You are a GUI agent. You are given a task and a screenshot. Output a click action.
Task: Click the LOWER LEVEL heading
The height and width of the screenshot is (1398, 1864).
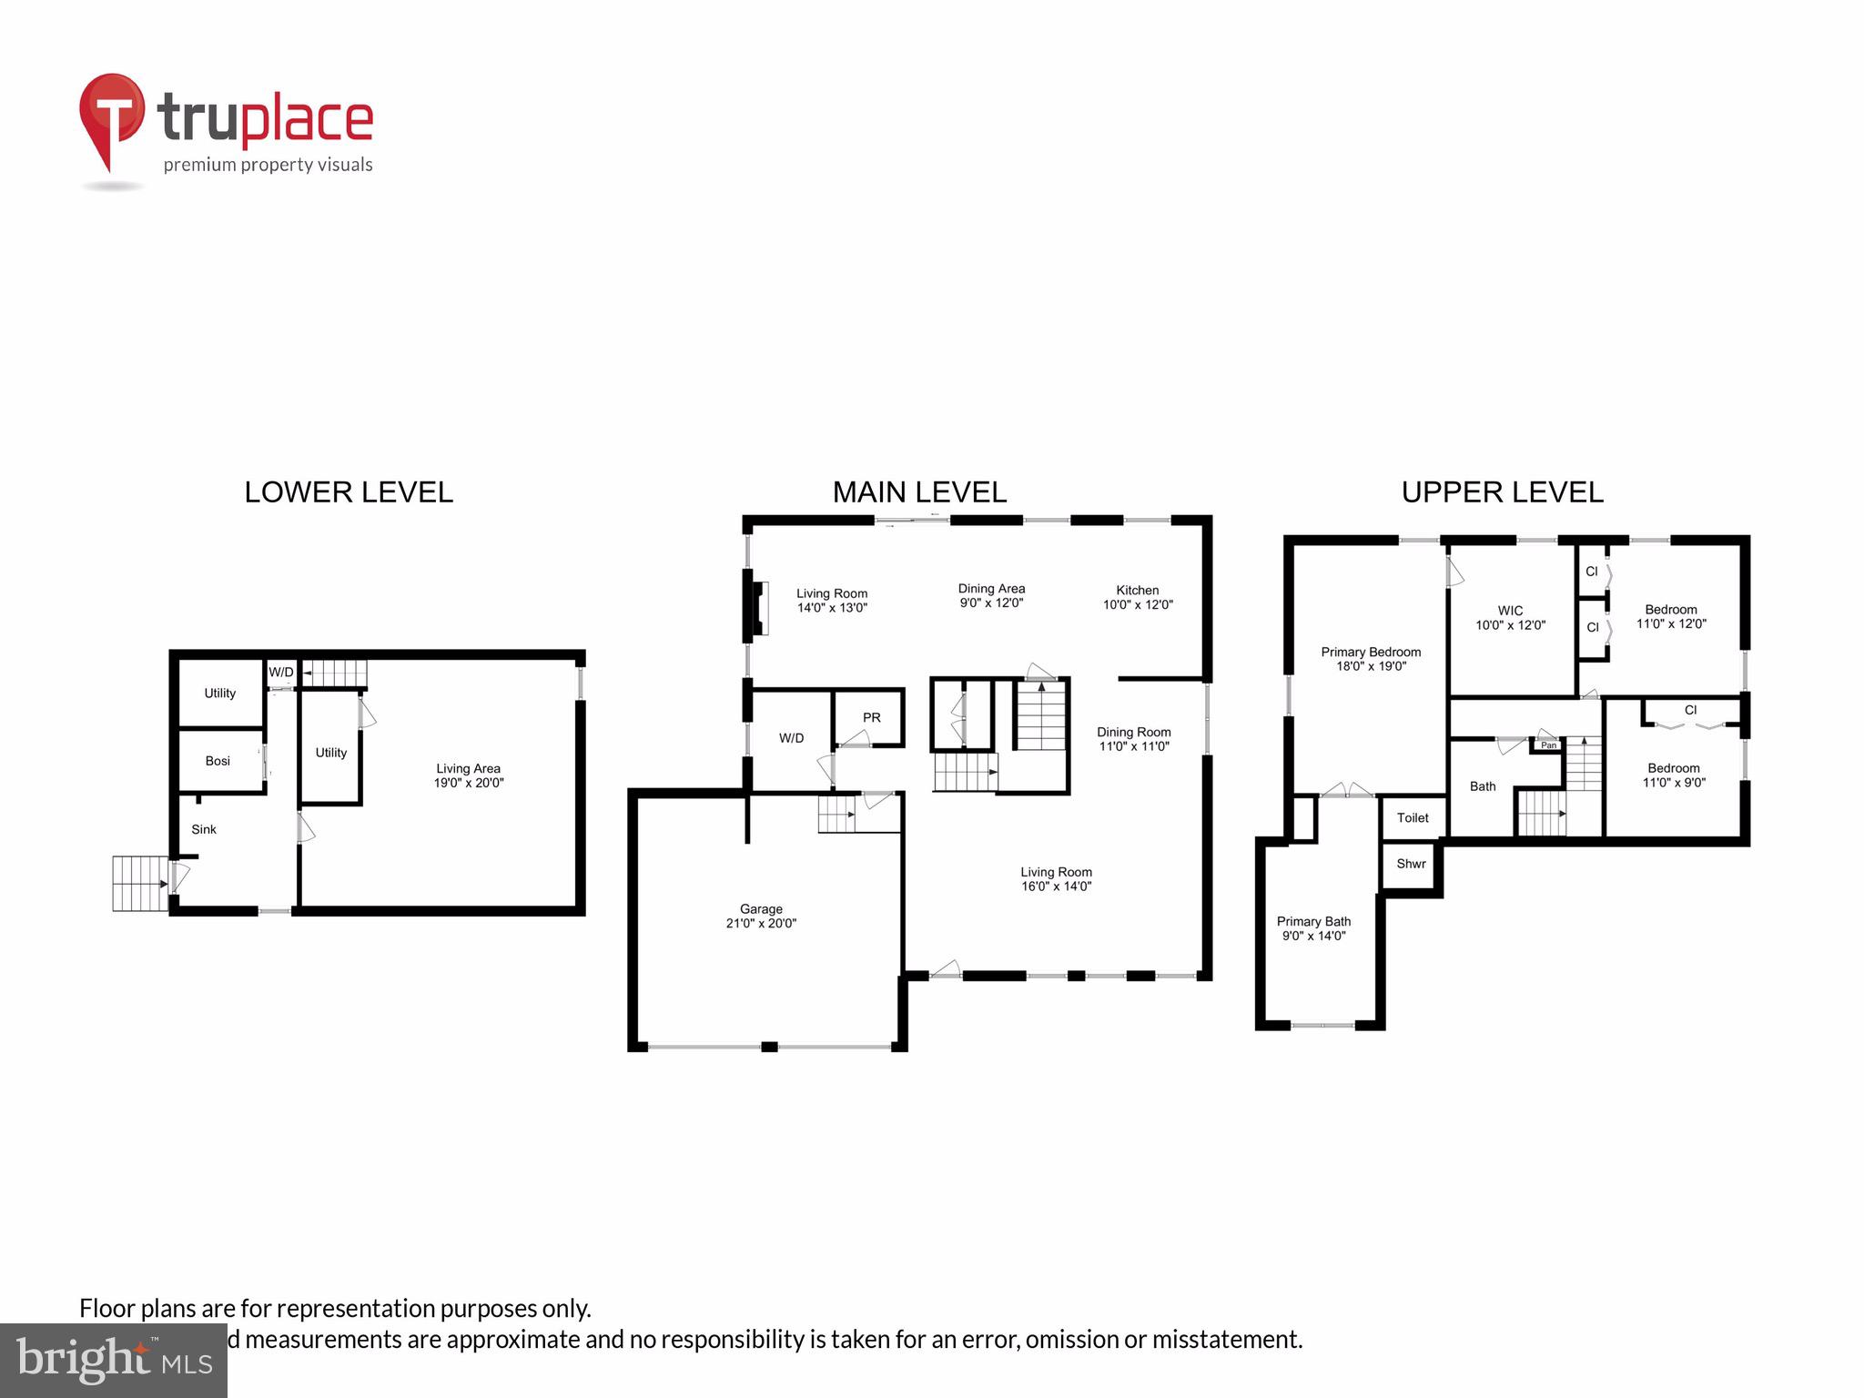(349, 492)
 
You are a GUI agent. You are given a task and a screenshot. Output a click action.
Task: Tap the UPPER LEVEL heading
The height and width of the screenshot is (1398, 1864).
(1502, 492)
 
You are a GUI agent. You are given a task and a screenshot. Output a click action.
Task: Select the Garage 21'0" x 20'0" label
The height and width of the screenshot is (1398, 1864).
(761, 916)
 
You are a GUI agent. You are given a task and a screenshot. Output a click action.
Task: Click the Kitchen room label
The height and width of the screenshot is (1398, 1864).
(1138, 597)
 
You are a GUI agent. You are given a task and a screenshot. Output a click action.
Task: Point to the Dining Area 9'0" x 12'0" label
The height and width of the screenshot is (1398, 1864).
(991, 595)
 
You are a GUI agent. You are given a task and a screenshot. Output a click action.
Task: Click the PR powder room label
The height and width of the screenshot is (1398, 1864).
(871, 717)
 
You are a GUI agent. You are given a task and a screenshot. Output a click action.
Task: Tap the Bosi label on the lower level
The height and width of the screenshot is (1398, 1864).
(218, 761)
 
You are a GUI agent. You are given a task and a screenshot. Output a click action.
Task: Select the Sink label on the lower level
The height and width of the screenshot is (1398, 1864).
(204, 829)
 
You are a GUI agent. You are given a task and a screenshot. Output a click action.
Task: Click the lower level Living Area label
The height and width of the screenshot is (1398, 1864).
(468, 775)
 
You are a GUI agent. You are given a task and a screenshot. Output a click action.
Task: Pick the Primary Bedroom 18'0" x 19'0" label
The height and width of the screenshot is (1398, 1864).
(1371, 659)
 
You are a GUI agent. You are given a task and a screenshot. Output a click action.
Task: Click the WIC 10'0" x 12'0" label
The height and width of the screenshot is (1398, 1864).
(1510, 618)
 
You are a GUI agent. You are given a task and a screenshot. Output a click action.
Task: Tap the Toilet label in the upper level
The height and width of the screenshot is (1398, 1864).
(1413, 817)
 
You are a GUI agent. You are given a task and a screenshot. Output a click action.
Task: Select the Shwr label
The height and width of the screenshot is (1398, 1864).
(1411, 864)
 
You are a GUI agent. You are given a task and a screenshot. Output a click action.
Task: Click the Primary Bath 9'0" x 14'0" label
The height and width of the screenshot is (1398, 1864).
(1313, 928)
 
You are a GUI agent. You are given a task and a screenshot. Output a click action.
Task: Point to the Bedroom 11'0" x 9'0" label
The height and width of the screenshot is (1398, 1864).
(1674, 775)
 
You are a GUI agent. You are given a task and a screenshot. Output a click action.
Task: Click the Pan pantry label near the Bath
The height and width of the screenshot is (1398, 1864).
(1548, 745)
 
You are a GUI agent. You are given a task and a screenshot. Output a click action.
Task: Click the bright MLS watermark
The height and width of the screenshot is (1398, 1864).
(113, 1360)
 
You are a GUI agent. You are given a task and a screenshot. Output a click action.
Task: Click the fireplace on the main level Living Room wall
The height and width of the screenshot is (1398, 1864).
(757, 607)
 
